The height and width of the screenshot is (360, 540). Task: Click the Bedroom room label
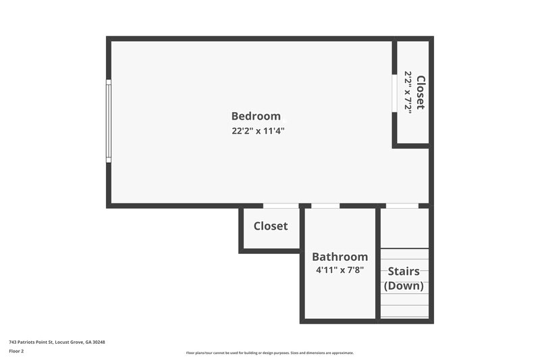(256, 116)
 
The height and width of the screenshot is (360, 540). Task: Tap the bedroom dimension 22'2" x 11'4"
(258, 131)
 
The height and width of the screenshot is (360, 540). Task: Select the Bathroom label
(340, 257)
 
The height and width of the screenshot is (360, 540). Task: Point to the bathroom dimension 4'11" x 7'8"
(340, 270)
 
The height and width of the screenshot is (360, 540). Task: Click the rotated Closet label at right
(421, 92)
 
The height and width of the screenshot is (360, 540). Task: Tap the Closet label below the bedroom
(270, 226)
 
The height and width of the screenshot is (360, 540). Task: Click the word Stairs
(404, 272)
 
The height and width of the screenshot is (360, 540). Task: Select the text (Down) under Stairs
(404, 286)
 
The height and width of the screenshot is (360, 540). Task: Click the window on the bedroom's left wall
(108, 121)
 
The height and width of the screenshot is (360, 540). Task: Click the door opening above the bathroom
(325, 205)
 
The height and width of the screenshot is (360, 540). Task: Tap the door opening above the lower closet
(280, 205)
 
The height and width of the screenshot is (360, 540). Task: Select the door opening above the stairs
(402, 205)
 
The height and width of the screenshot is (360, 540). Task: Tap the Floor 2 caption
(16, 351)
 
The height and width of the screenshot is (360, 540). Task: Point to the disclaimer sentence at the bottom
(269, 353)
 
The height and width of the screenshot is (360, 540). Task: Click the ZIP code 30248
(99, 342)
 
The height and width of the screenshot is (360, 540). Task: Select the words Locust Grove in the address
(70, 342)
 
